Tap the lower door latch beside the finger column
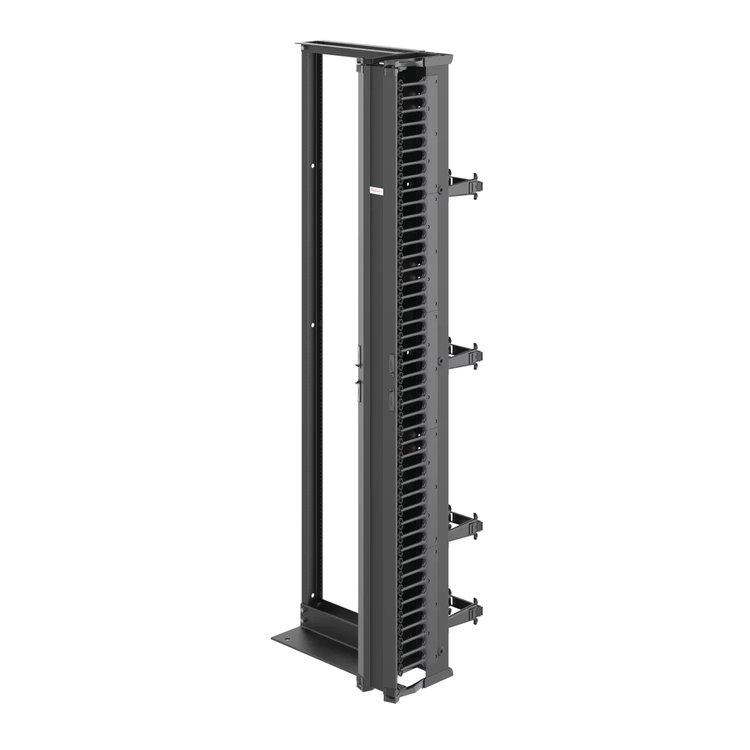click(x=390, y=400)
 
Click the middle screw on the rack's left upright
click(x=313, y=325)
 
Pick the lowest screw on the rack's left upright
click(x=313, y=594)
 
